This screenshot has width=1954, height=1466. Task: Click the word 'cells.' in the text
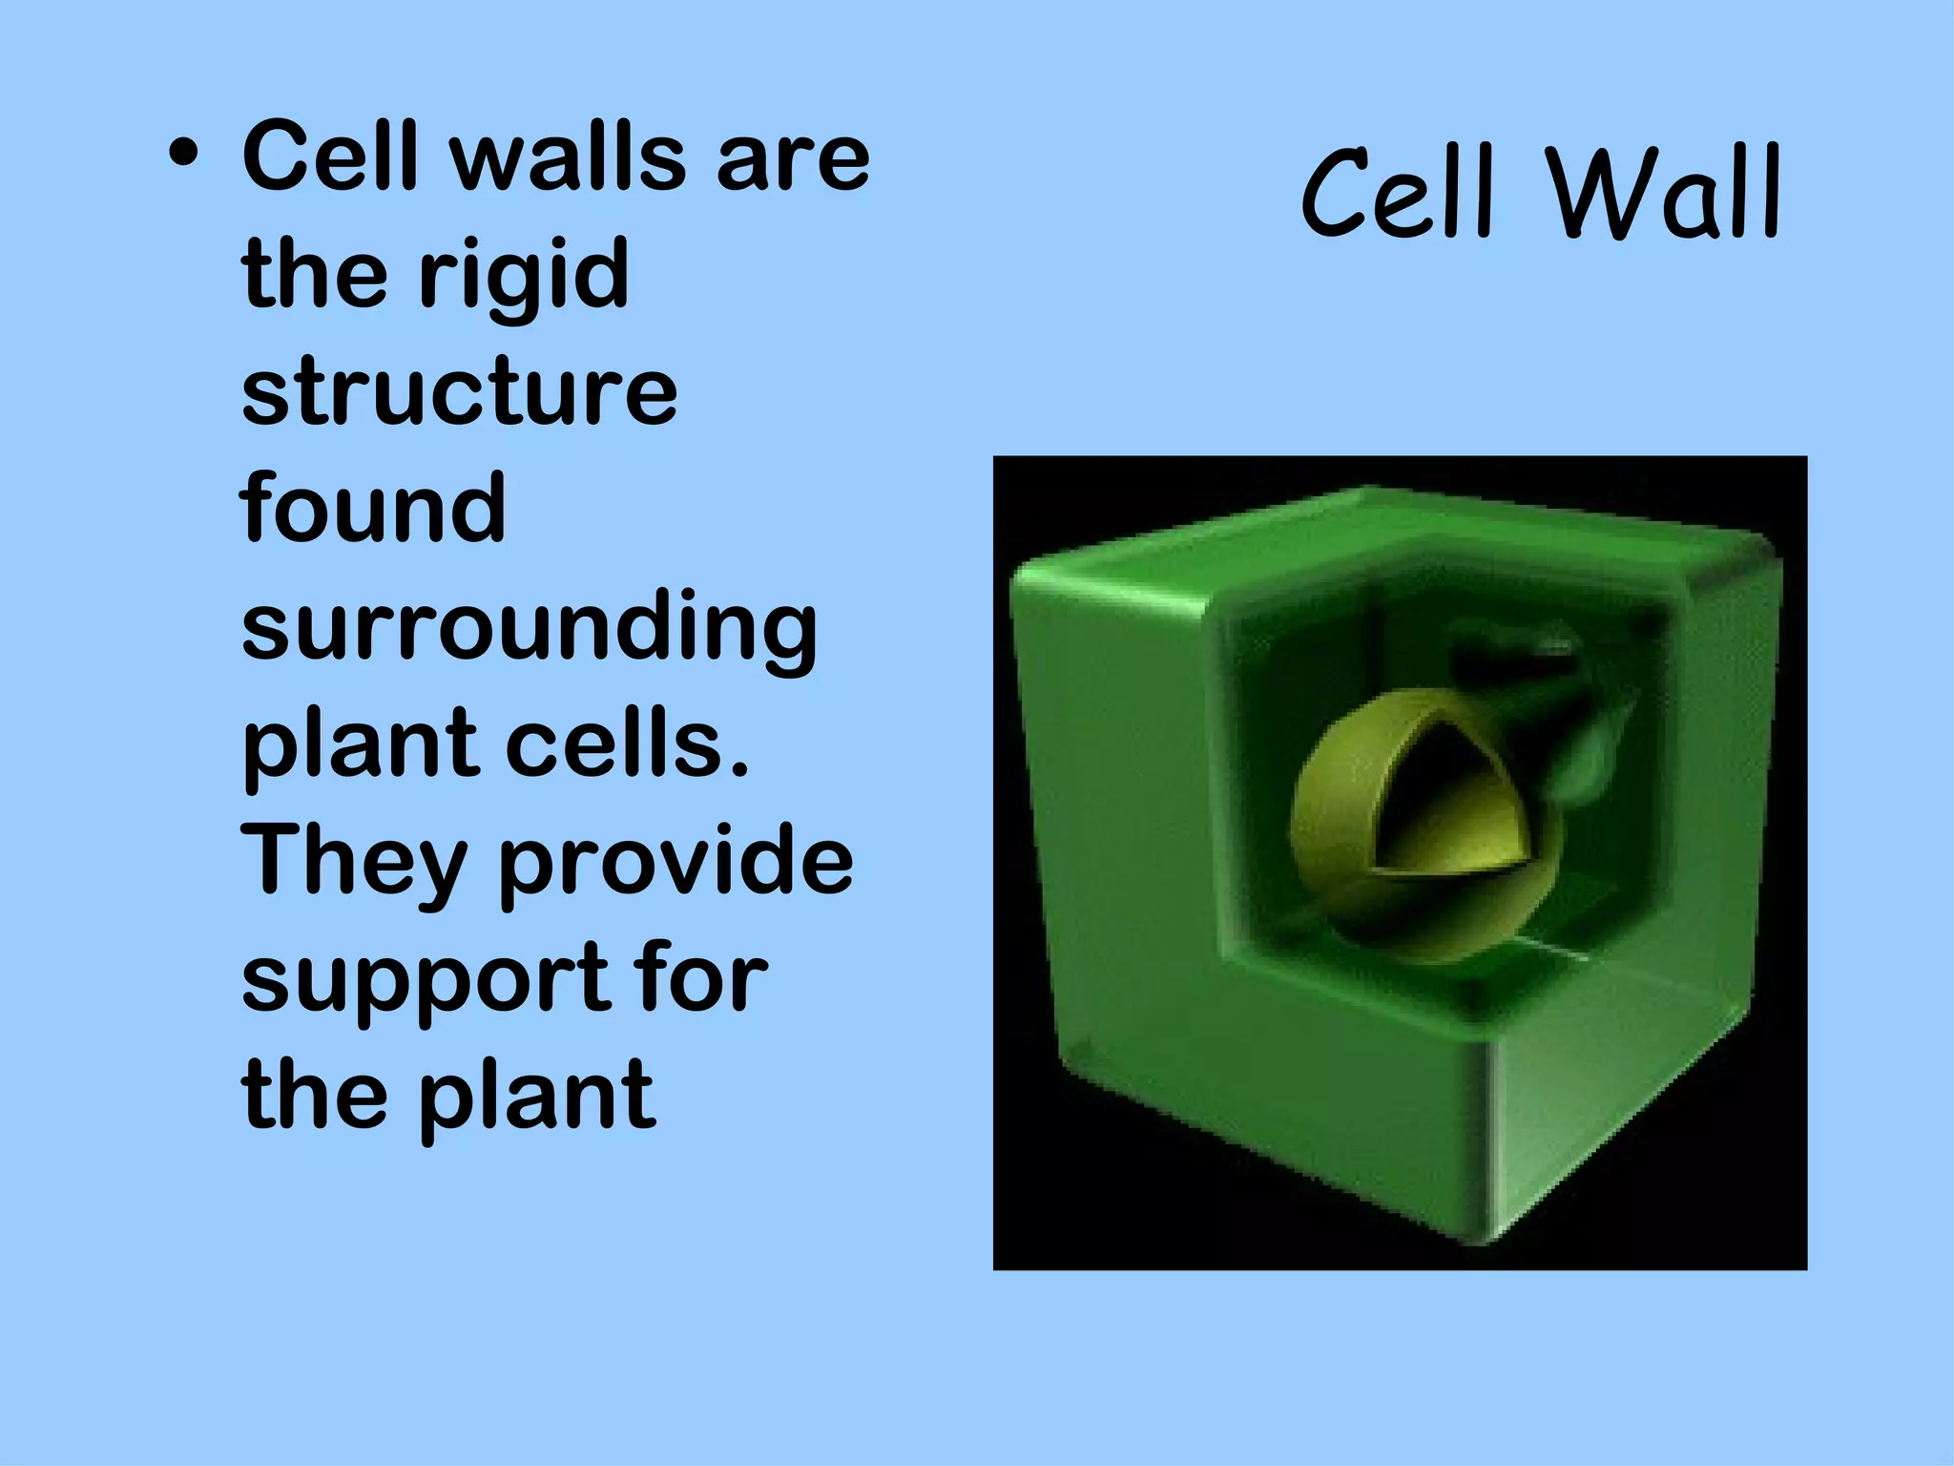[x=627, y=743]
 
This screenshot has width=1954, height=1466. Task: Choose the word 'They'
[x=353, y=863]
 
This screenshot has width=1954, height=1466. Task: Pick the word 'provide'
[x=676, y=861]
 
